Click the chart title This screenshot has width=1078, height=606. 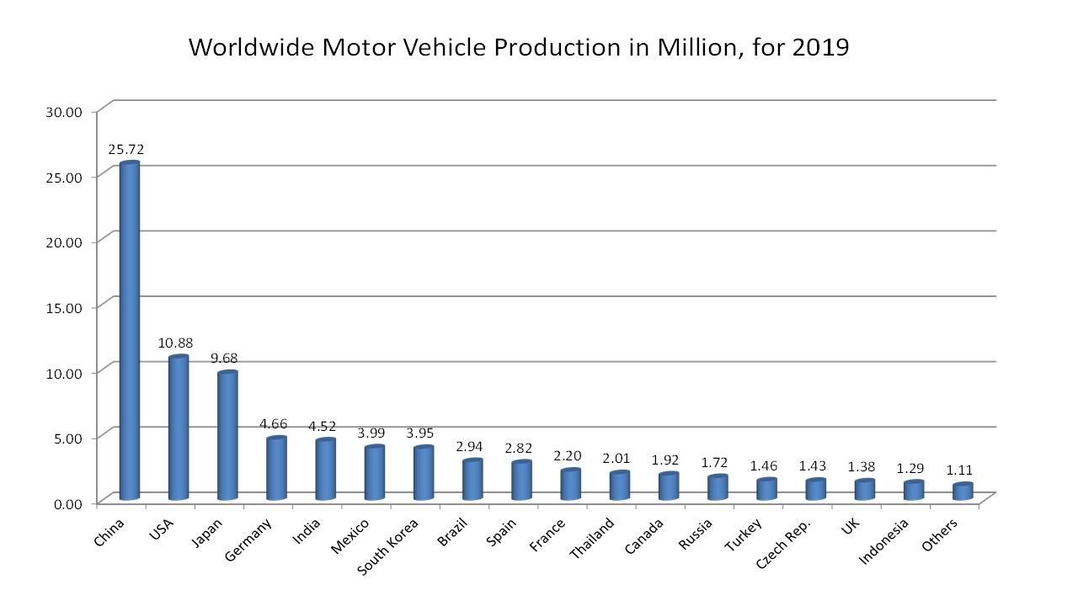[x=518, y=47]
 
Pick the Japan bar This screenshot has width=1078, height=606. [x=227, y=435]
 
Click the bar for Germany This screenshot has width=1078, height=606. [x=276, y=468]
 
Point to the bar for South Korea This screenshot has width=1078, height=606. [x=423, y=473]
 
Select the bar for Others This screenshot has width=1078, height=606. [x=962, y=492]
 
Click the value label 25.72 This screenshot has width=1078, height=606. [x=126, y=149]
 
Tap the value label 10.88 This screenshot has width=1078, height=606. [x=175, y=343]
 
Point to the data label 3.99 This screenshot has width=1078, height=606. [x=371, y=433]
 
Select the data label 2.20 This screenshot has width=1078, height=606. [x=567, y=455]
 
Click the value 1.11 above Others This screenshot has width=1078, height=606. [x=959, y=470]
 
